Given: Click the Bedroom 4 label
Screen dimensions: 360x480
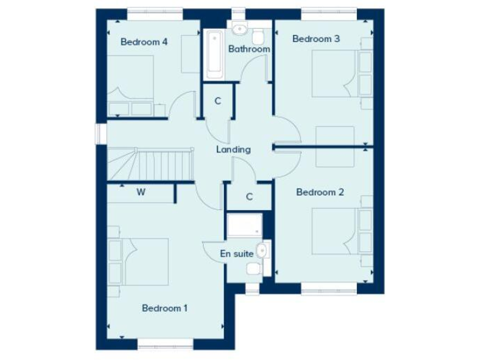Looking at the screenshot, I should pos(144,42).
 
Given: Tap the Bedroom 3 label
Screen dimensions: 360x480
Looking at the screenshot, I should pos(316,39).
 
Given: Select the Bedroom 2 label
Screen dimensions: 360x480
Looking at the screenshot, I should pos(320,192).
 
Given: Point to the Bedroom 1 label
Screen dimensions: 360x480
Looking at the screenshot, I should pos(164,307).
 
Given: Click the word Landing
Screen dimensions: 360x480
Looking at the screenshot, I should pos(233,149).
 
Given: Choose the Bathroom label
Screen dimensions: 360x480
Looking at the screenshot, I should pos(249,49).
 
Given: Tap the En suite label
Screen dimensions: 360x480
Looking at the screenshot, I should pos(237,254).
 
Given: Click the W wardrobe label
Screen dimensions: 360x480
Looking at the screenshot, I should pos(141,192).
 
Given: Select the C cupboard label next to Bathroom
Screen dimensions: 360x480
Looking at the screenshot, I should pos(218,101).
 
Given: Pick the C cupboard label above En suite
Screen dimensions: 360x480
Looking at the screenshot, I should pos(249,197).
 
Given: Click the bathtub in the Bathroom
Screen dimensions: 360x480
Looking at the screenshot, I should pos(212,53).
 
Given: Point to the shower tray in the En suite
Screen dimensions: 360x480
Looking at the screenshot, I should pos(244,226).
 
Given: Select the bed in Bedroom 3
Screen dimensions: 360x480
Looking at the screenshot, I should pos(334,74).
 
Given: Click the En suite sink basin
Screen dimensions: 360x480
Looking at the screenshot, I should pos(265,251).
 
